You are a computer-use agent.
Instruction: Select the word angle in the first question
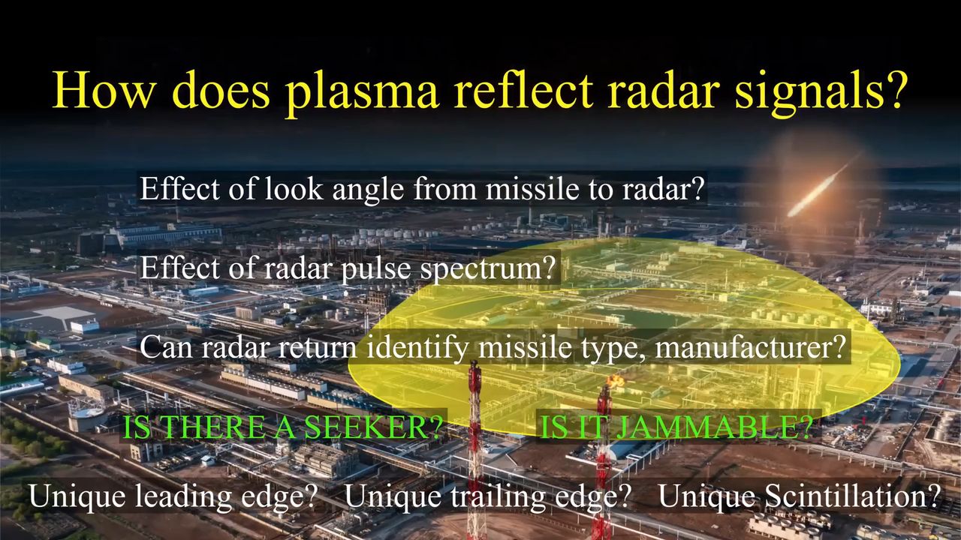pos(368,190)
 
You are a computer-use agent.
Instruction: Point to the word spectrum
pos(487,269)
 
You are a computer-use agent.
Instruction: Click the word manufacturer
pos(750,347)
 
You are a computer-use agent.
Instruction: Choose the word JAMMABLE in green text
pos(713,427)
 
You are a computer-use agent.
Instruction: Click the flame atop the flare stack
pos(616,379)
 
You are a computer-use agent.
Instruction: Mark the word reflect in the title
pos(522,91)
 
